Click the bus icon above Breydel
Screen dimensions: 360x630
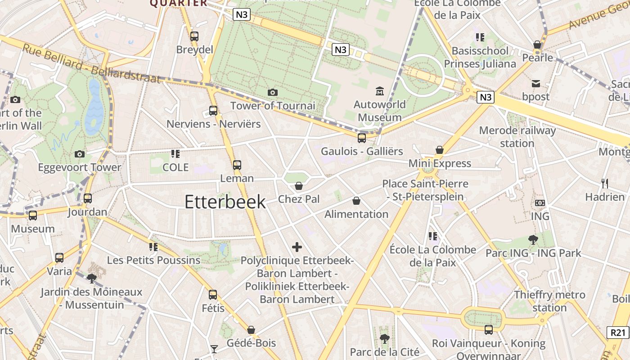tap(194, 36)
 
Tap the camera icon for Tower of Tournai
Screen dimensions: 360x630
tap(272, 93)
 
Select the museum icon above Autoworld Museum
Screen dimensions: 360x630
tap(380, 91)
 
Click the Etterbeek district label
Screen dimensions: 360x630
tap(225, 202)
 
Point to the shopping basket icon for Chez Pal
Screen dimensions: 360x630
tap(298, 186)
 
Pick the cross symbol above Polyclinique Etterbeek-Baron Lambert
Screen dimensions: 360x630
tap(297, 247)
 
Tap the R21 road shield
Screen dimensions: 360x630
tap(618, 333)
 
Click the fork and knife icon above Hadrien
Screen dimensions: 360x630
tap(605, 184)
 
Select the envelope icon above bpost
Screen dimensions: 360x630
tap(536, 84)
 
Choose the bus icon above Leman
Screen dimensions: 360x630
tap(237, 165)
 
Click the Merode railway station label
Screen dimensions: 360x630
tap(517, 137)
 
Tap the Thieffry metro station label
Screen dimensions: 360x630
tap(549, 301)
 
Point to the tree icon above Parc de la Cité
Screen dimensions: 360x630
tap(384, 338)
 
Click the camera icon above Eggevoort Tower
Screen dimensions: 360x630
tap(80, 154)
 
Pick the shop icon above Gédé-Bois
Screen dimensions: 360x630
tap(251, 330)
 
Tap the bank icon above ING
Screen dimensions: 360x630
tap(540, 203)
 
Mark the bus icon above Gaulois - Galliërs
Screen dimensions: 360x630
tap(362, 138)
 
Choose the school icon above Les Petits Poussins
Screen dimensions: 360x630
tap(153, 247)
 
